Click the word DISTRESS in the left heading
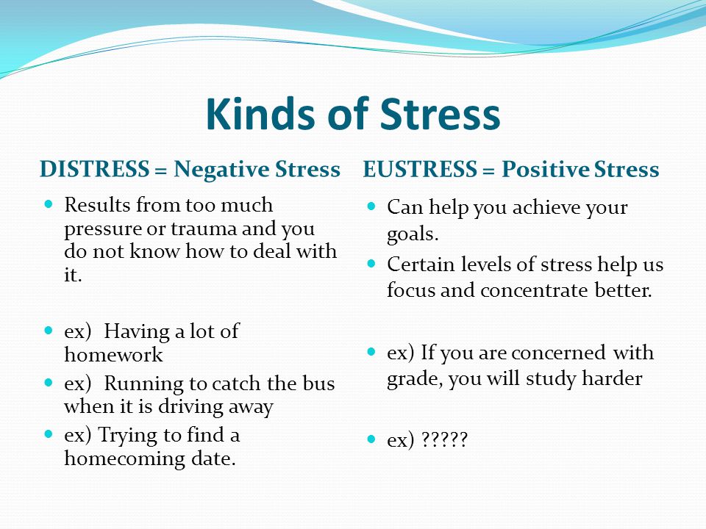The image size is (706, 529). point(95,169)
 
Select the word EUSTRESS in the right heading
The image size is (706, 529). point(420,169)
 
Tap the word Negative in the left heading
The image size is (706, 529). point(221,170)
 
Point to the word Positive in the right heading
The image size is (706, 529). point(545,170)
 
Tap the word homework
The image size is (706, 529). point(113,354)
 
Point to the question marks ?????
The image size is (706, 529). point(444,439)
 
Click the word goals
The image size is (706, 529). point(413,234)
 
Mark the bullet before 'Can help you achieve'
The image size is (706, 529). point(371,206)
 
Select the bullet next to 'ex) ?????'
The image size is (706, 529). point(371,439)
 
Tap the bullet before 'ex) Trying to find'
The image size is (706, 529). point(49,434)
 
